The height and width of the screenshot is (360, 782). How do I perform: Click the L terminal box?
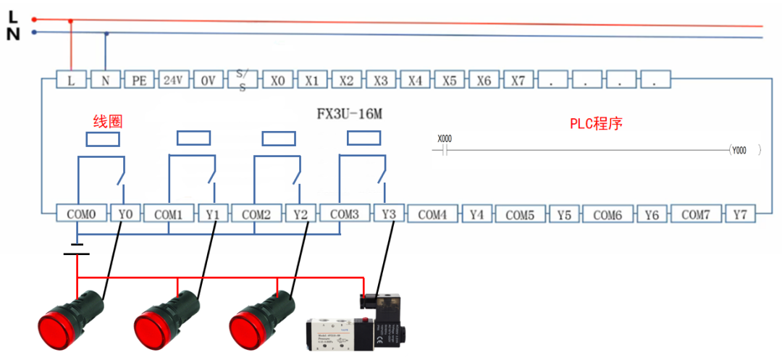tap(71, 80)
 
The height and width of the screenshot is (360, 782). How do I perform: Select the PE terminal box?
tap(139, 80)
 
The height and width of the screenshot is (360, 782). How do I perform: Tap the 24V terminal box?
tap(173, 80)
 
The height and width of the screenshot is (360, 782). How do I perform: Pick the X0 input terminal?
tap(277, 80)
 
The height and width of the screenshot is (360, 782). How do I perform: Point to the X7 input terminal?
tap(518, 80)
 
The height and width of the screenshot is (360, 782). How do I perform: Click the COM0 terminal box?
tap(81, 214)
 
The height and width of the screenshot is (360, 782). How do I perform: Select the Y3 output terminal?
tap(389, 214)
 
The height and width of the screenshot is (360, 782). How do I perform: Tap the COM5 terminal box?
tap(520, 215)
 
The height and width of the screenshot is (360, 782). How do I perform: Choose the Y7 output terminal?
tap(740, 214)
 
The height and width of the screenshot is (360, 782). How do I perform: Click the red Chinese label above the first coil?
tap(107, 121)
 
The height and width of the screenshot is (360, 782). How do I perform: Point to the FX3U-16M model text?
tap(350, 114)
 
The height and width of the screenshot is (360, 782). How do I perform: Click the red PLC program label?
tap(596, 123)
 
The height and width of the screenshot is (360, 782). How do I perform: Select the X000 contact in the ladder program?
tap(445, 146)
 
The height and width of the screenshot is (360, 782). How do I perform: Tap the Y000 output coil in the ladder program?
tap(739, 151)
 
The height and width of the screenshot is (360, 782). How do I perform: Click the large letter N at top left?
tap(13, 33)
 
